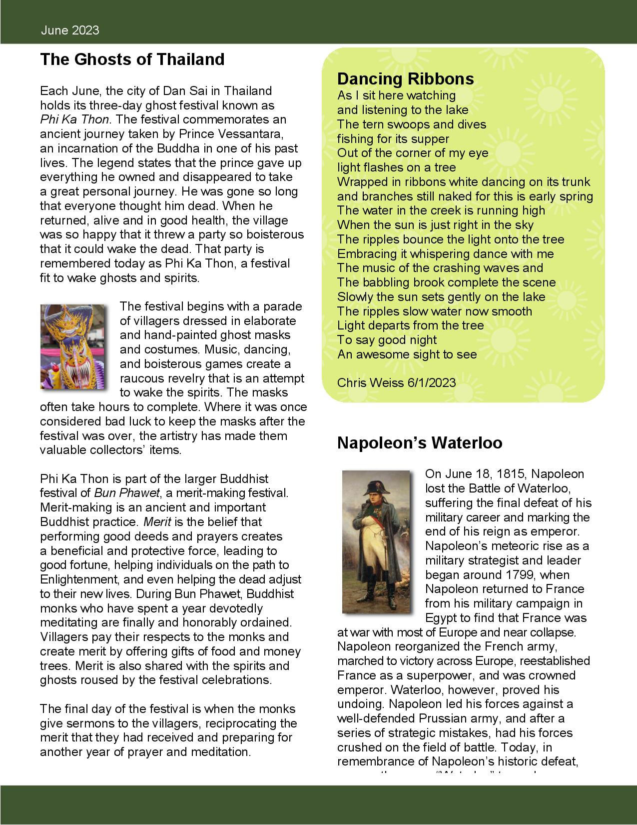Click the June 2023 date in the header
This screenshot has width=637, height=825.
pos(70,30)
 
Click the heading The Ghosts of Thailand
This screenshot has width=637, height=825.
pos(132,59)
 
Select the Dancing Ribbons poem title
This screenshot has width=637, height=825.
pos(405,78)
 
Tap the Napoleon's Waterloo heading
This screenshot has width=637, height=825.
pos(419,443)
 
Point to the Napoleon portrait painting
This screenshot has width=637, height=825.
pos(376,541)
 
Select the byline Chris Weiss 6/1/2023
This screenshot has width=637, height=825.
pos(396,382)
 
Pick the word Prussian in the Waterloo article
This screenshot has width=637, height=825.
pos(430,718)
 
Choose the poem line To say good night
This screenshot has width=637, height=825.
pos(387,340)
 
